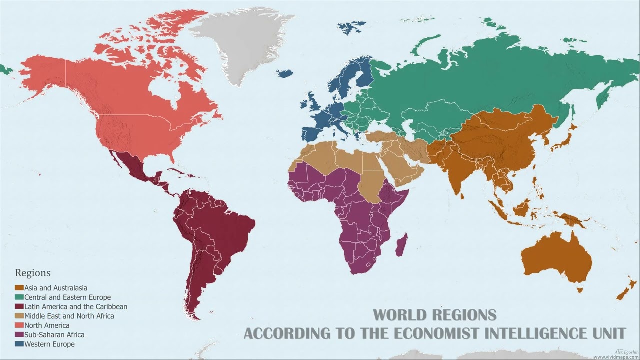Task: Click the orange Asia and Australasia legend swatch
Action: click(19, 288)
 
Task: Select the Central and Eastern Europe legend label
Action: click(67, 297)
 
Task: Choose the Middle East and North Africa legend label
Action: click(69, 316)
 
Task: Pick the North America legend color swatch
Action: click(19, 326)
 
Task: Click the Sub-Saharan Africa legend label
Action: click(54, 335)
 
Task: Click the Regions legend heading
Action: click(33, 273)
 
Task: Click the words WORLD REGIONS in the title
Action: click(434, 315)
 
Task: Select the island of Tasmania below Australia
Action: click(580, 290)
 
